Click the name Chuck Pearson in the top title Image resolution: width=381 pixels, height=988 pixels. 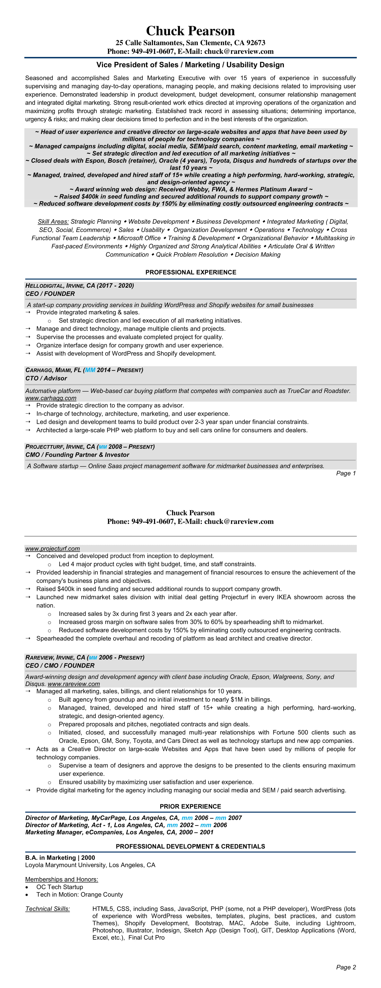(x=190, y=31)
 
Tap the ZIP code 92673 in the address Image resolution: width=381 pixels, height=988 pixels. (x=255, y=43)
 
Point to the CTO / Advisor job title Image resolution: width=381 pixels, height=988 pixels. (x=46, y=378)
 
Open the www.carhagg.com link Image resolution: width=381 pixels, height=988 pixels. (x=51, y=398)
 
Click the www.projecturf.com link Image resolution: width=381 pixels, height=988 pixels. (x=52, y=549)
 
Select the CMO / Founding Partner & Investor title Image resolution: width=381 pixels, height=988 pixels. (x=77, y=455)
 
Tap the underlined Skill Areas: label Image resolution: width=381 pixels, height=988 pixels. (x=53, y=222)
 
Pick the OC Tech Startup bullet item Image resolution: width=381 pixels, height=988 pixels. (x=59, y=887)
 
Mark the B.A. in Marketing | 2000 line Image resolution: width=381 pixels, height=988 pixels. (x=60, y=858)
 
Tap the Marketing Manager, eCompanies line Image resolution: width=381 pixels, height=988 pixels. (x=119, y=832)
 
